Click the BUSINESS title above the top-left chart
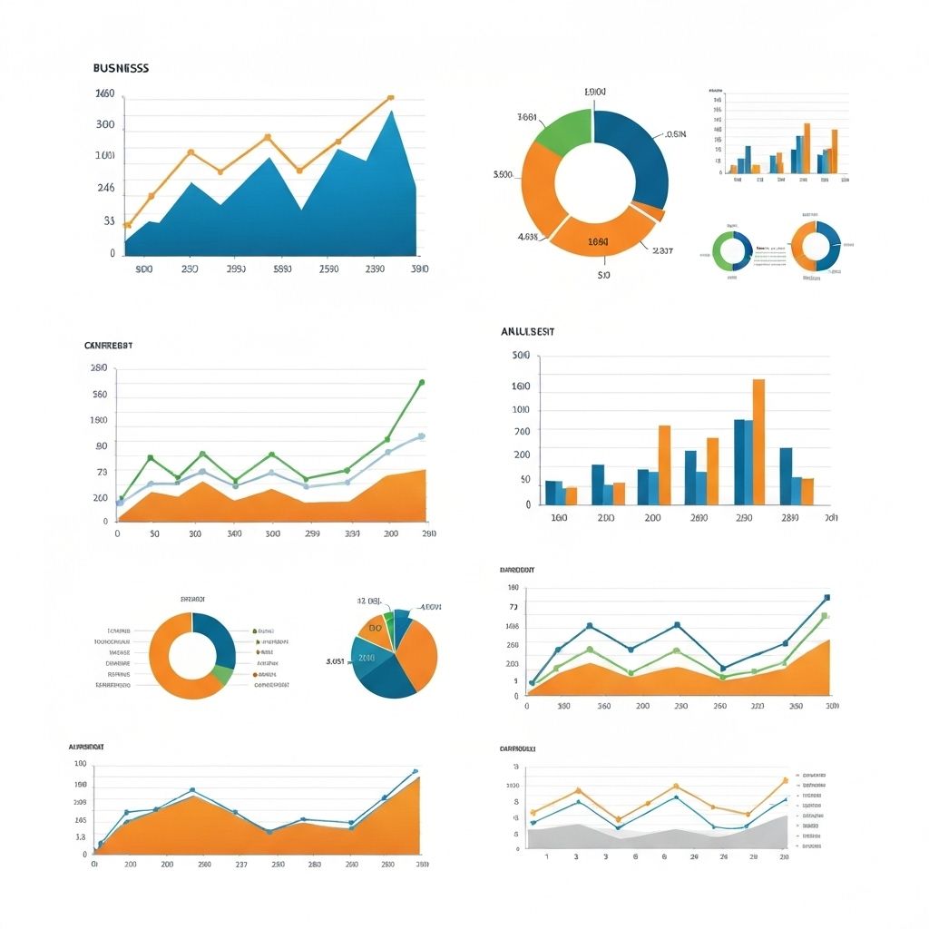coord(121,68)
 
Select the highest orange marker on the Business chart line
coord(390,97)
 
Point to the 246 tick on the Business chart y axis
coord(105,189)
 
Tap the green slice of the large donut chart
coord(560,128)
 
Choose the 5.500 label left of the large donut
coord(503,174)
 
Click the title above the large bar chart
coord(527,332)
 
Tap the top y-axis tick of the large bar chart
coord(521,356)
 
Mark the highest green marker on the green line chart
coord(422,383)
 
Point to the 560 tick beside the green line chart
coord(99,395)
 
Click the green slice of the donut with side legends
coord(221,674)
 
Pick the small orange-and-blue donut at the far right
coord(816,246)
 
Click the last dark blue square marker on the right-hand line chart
coord(826,598)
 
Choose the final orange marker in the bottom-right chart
coord(785,780)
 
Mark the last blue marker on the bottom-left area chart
coord(416,771)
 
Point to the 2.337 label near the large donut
coord(662,250)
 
